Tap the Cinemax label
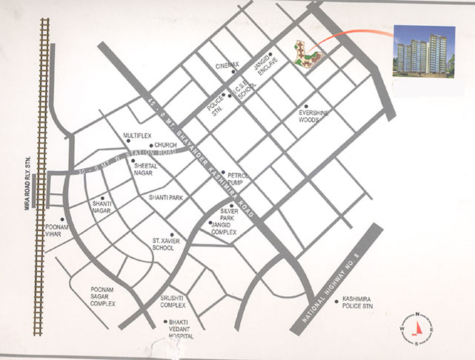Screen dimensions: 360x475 (x=227, y=65)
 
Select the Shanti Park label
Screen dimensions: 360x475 (x=165, y=198)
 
